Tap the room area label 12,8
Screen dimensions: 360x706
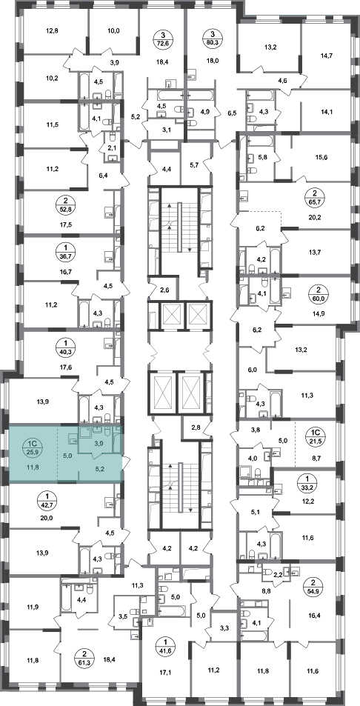coord(52,31)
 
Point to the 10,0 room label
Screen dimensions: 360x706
coord(113,31)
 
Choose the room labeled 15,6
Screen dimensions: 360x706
coord(321,157)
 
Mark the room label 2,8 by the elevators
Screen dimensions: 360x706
coord(196,427)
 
